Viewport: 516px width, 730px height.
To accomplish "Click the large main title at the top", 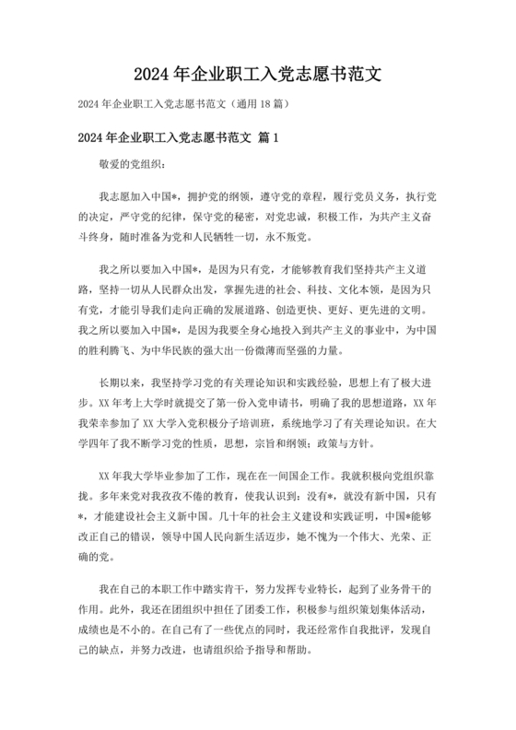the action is (x=257, y=73).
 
